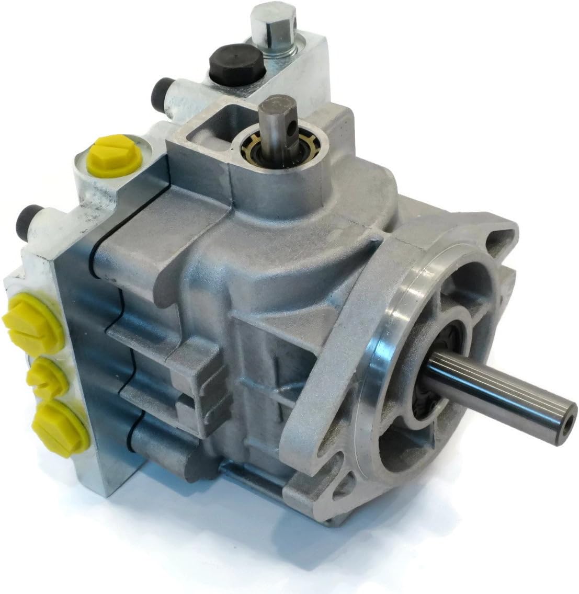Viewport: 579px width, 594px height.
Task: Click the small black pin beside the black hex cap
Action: click(167, 93)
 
